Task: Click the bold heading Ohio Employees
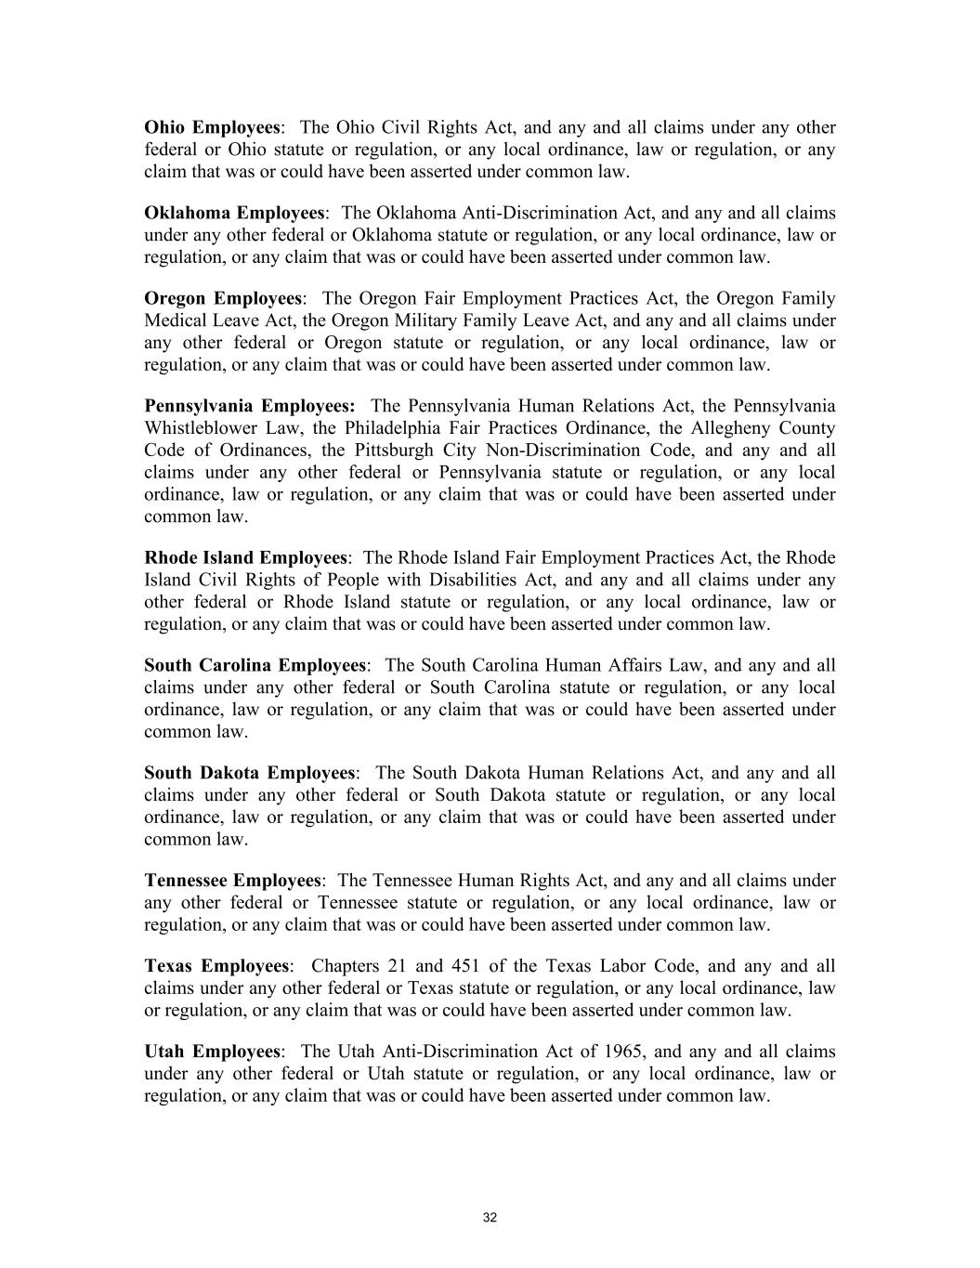point(212,127)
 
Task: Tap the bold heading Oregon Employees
point(223,298)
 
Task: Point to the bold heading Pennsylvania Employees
point(249,406)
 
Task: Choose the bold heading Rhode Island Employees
point(245,557)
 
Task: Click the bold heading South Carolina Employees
point(255,665)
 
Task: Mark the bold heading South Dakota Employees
point(250,773)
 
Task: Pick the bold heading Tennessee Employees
point(232,881)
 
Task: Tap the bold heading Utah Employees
point(212,1052)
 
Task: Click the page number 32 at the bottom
point(490,1219)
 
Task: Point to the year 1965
point(624,1052)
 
